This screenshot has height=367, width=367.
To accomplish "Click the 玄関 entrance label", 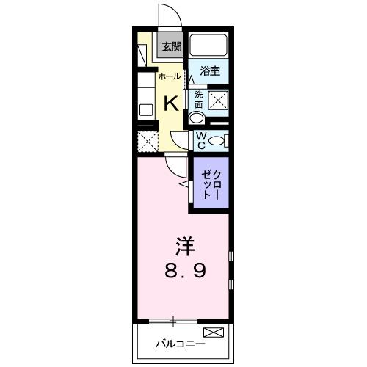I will pos(171,46).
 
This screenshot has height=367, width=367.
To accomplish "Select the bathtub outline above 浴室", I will pos(210,46).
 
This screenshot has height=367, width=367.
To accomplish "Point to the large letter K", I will pos(170,101).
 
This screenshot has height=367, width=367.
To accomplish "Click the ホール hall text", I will pos(170,76).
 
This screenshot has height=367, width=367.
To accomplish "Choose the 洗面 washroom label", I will pos(198,100).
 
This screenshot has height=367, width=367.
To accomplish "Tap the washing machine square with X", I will pos(218,101).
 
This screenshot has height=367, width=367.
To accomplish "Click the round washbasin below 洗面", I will pos(196,119).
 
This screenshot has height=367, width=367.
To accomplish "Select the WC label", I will pos(199,139).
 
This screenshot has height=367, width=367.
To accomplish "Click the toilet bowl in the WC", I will pos(217,140).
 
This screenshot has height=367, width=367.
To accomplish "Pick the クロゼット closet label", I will pos(211,183).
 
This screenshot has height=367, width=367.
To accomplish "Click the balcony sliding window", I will pos(173,320).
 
